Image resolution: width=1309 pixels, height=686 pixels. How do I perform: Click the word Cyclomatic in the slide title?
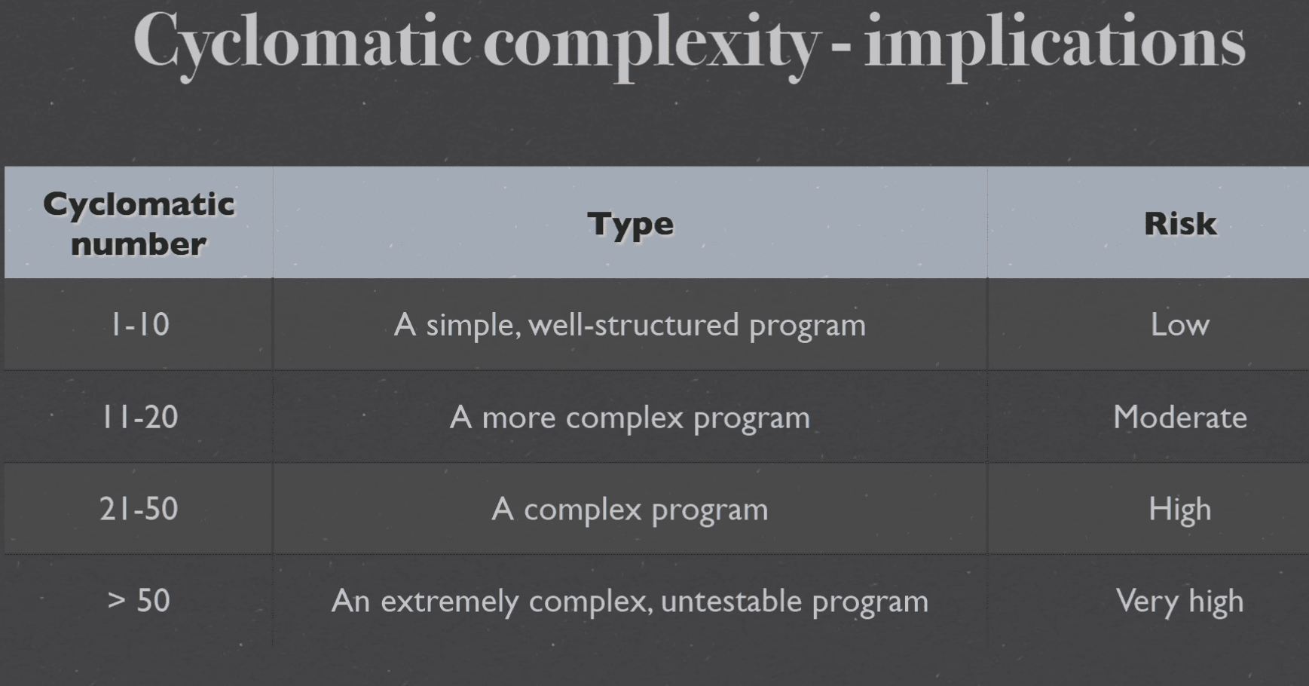click(x=302, y=43)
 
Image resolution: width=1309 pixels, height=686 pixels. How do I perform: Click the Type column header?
click(x=630, y=224)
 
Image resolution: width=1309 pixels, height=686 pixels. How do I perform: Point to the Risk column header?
click(x=1180, y=223)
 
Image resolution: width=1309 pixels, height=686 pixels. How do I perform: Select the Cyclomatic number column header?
click(x=139, y=224)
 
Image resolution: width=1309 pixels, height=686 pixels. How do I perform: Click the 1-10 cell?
click(x=140, y=325)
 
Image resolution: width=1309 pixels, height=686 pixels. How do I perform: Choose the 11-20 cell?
click(x=140, y=417)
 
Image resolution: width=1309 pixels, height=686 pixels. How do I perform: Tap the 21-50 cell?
click(x=139, y=509)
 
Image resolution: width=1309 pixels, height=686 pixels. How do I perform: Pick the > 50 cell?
click(x=139, y=601)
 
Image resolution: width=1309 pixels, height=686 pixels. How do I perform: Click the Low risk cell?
click(x=1180, y=325)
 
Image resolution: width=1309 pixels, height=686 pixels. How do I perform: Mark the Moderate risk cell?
click(x=1180, y=417)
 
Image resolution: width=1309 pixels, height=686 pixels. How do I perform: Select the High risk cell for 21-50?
click(x=1180, y=510)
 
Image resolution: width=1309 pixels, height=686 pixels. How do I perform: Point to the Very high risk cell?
click(x=1180, y=602)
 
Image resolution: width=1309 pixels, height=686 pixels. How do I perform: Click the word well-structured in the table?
click(x=634, y=325)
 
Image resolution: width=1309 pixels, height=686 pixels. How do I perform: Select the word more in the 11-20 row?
click(x=518, y=419)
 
